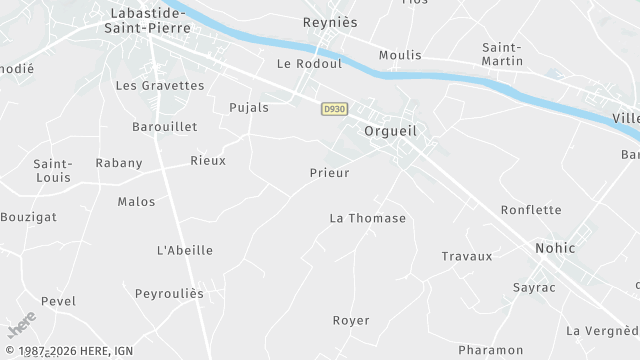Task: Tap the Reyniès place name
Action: point(329,21)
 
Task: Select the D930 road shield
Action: point(334,109)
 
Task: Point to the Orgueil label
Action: point(390,131)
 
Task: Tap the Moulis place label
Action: point(401,55)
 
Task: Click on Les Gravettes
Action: point(160,86)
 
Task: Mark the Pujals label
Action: point(249,107)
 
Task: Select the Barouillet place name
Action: point(165,127)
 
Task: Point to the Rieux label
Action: point(208,160)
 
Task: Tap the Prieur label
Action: point(328,172)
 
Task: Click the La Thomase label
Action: point(368,218)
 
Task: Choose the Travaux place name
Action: point(467,256)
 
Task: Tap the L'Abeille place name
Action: point(185,250)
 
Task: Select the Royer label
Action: point(351,321)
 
